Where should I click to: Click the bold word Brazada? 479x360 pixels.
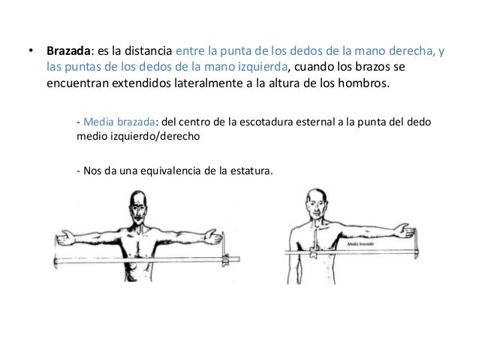click(68, 51)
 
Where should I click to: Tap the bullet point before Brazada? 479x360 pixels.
click(31, 50)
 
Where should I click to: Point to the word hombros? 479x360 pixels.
click(363, 83)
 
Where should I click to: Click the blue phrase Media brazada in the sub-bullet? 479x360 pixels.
click(119, 122)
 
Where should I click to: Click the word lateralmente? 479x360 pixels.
click(208, 83)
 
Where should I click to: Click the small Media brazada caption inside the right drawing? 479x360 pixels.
click(360, 244)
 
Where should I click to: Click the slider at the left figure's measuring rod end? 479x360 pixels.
click(225, 259)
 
